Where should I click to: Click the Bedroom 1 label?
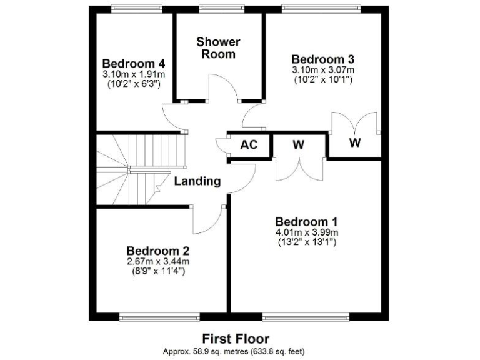(306, 222)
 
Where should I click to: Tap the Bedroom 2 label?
(157, 249)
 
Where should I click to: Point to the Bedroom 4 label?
(134, 64)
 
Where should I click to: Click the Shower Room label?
(218, 48)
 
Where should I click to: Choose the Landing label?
(197, 182)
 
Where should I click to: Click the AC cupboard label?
(249, 145)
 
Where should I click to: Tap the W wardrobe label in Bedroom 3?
(354, 142)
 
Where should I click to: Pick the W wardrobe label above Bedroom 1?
(298, 145)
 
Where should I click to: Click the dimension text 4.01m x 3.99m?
(306, 233)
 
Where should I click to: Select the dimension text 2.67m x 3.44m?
(157, 261)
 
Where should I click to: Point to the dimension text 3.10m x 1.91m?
(134, 74)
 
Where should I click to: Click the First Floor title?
(236, 339)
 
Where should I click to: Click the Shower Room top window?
(218, 8)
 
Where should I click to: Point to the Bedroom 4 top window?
(134, 8)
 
